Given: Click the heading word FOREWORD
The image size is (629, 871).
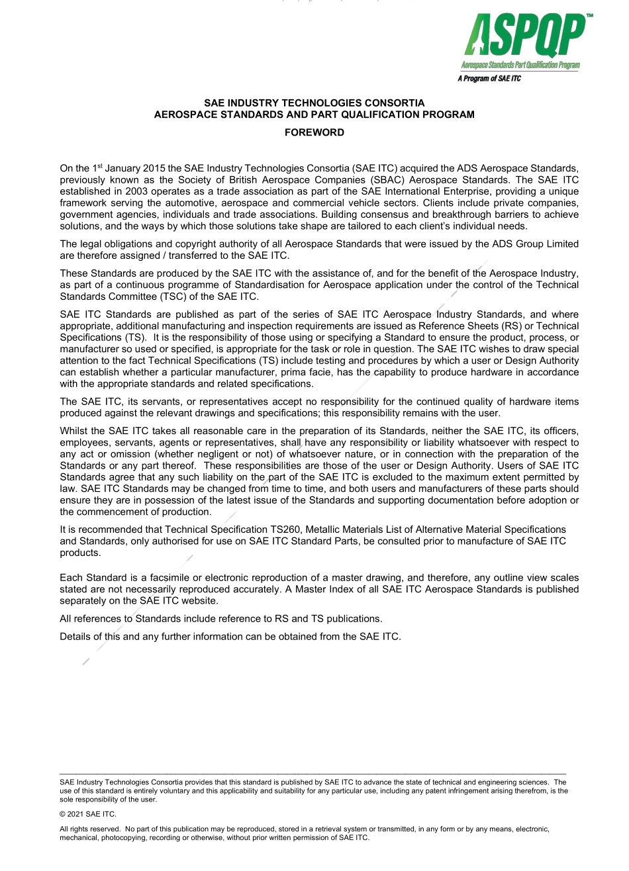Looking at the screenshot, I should coord(314,132).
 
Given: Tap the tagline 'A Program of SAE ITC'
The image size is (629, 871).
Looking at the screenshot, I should coord(489,79).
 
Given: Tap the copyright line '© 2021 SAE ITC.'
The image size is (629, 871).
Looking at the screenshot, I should coord(88,814).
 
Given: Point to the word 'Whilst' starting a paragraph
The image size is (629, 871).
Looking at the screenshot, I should coord(74,431).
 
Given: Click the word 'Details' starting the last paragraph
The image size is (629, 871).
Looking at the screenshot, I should coord(75,637).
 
